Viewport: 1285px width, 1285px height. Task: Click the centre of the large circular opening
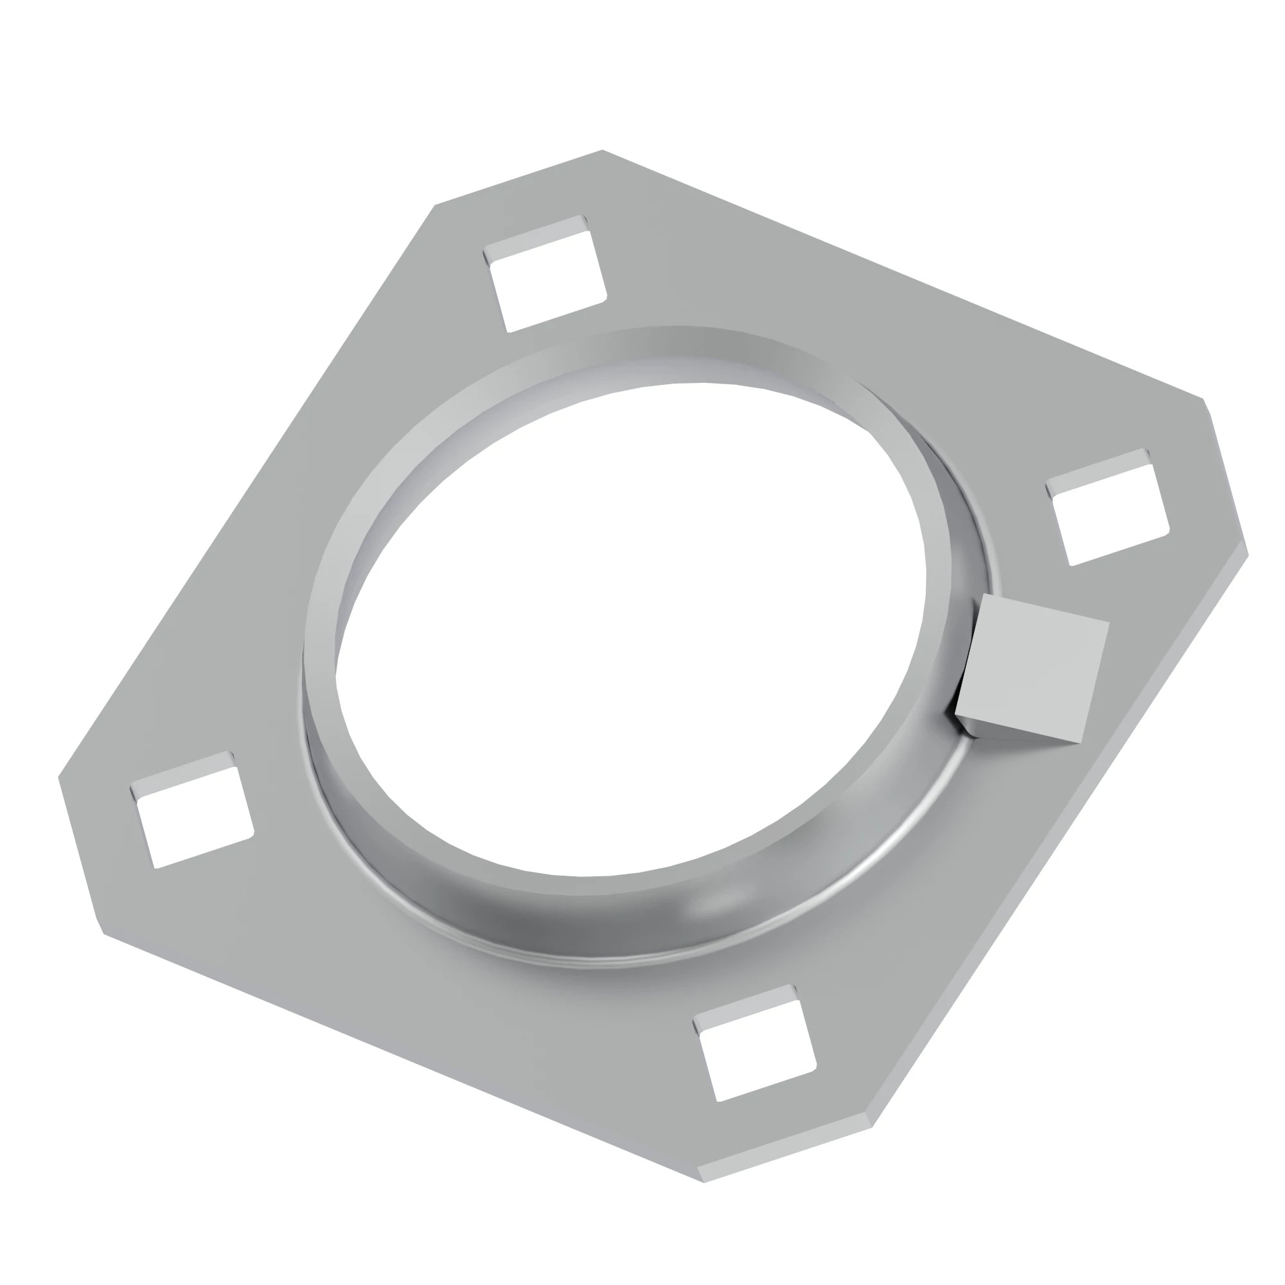click(x=630, y=628)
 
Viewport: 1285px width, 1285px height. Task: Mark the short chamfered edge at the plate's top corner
click(x=518, y=177)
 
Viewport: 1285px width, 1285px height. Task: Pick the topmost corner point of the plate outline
click(x=603, y=150)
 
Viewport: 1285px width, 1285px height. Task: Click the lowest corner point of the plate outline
click(x=704, y=1182)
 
